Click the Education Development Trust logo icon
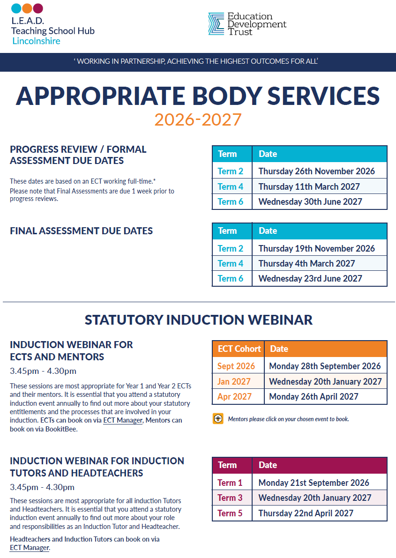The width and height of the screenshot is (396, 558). [216, 24]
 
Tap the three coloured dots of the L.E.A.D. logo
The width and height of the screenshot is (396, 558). [27, 8]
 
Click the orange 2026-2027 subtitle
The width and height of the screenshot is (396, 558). [198, 119]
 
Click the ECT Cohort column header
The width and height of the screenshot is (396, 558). [239, 349]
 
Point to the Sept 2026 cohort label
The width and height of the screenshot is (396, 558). [236, 366]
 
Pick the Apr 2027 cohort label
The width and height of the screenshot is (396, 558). [234, 396]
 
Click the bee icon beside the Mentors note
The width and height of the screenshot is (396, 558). [218, 419]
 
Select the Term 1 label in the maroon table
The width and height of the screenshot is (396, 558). [230, 483]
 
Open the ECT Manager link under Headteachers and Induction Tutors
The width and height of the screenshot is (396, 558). [30, 548]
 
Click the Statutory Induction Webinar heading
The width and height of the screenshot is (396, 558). [198, 320]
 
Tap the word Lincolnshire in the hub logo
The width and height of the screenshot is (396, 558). [37, 41]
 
